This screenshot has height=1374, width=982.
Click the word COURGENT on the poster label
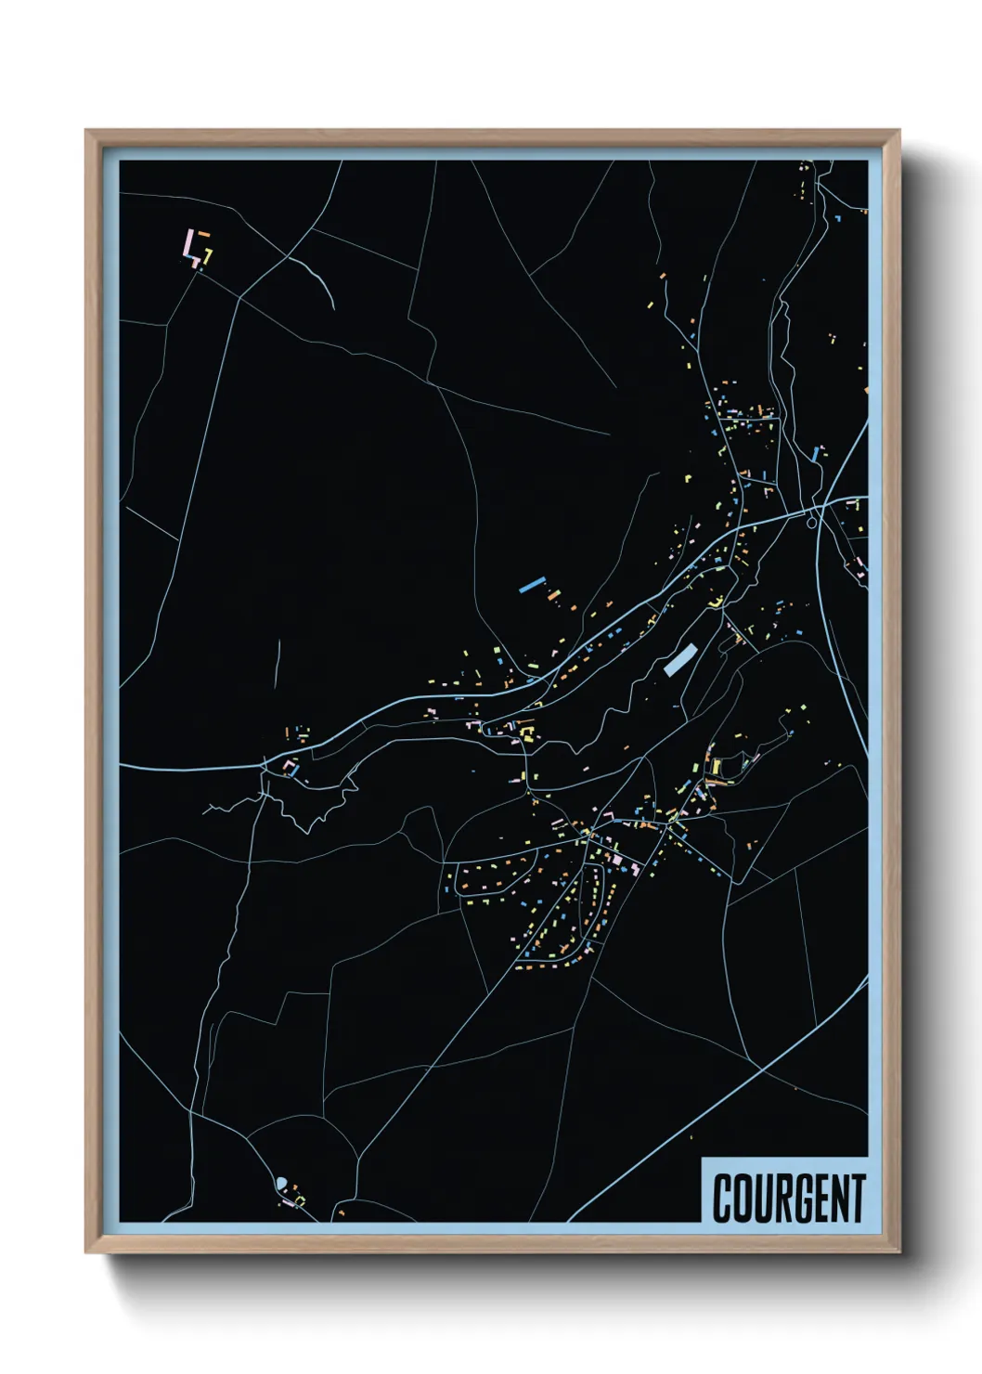789,1198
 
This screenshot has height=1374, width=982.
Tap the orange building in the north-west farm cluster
202,233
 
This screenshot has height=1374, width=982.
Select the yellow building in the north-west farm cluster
209,253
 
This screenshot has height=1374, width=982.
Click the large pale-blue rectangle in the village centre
679,659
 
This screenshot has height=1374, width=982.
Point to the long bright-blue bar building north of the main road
531,585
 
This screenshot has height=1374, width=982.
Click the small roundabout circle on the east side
813,523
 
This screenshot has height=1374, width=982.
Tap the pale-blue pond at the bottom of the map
281,1182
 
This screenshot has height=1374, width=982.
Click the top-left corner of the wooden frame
86,131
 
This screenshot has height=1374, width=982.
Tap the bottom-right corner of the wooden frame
898,1251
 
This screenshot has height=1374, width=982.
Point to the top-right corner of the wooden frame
898,131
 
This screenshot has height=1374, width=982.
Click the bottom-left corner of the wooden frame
86,1251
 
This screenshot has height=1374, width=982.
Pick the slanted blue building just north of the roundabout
817,453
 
